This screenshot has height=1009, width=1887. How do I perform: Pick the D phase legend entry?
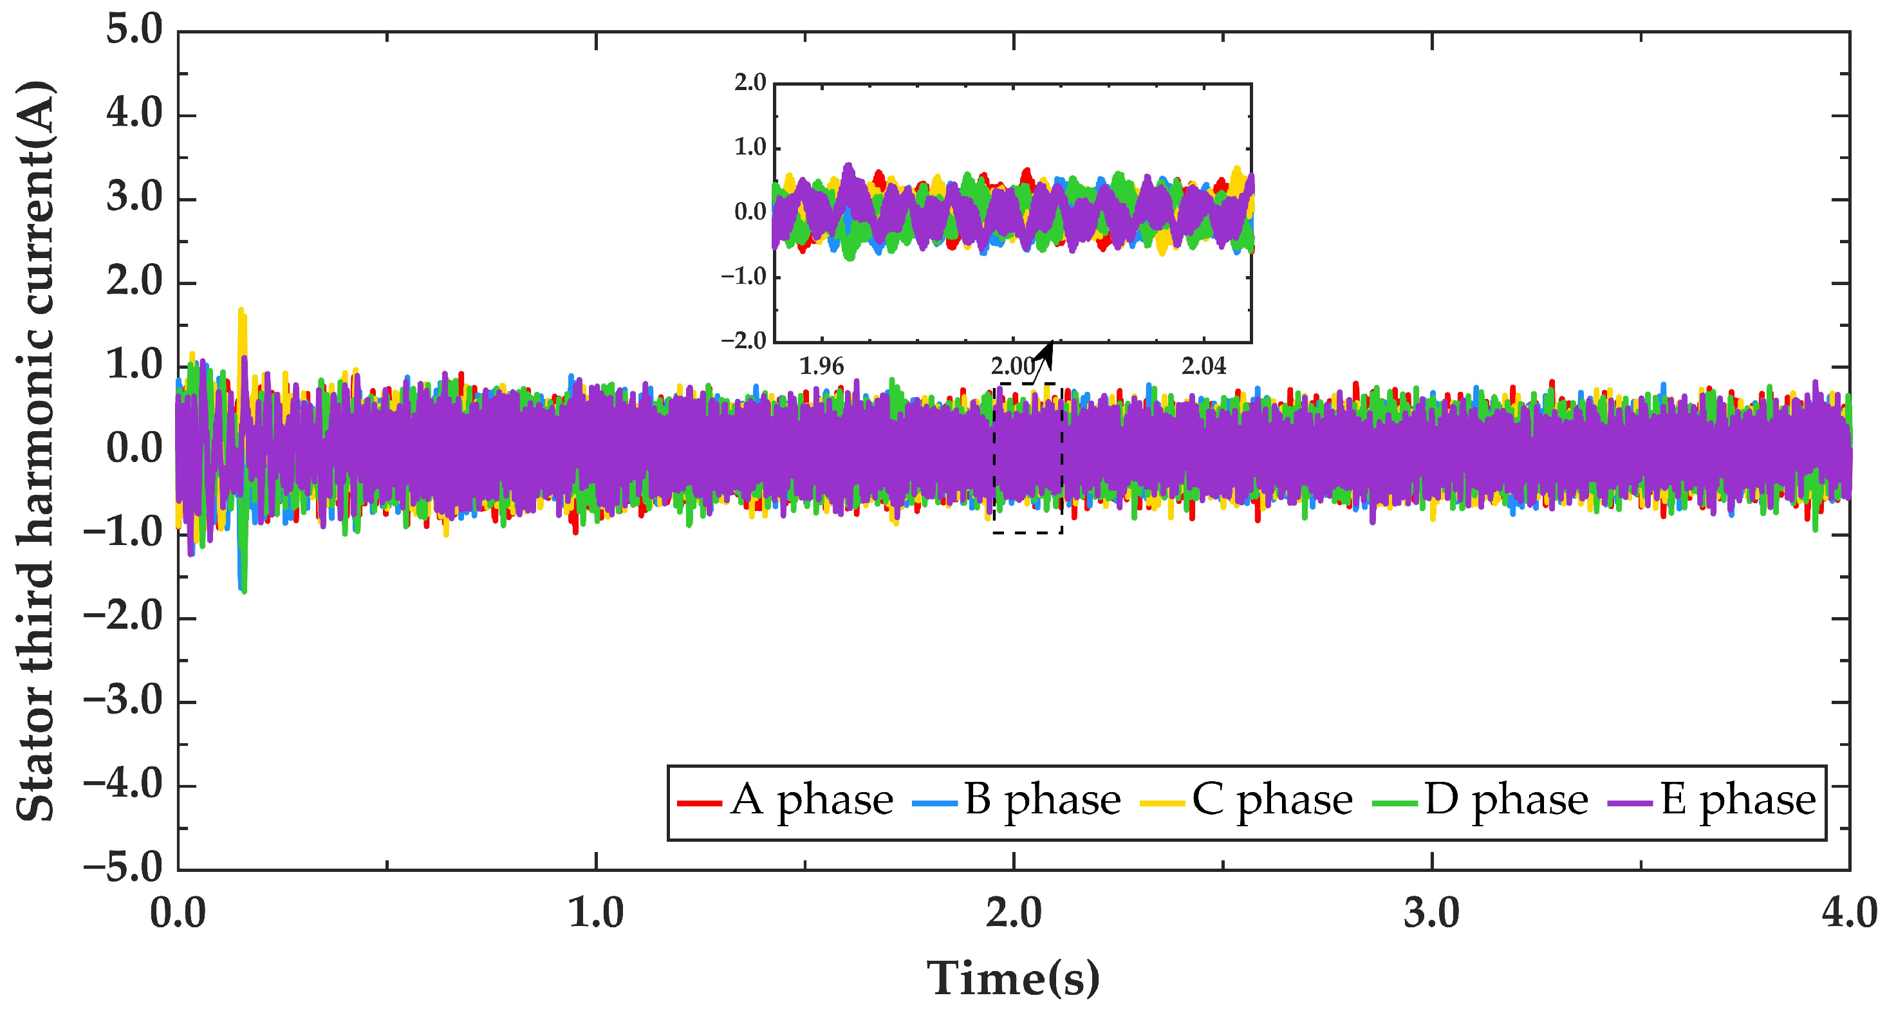1480,801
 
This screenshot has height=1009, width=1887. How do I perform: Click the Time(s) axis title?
1013,977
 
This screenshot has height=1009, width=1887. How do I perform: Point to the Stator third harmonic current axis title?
35,450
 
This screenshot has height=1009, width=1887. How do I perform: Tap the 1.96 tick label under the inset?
821,366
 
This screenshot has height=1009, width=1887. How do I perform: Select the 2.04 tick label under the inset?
1204,366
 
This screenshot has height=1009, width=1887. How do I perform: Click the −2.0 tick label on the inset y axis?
743,341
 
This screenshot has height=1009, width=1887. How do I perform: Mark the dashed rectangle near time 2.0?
1028,458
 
